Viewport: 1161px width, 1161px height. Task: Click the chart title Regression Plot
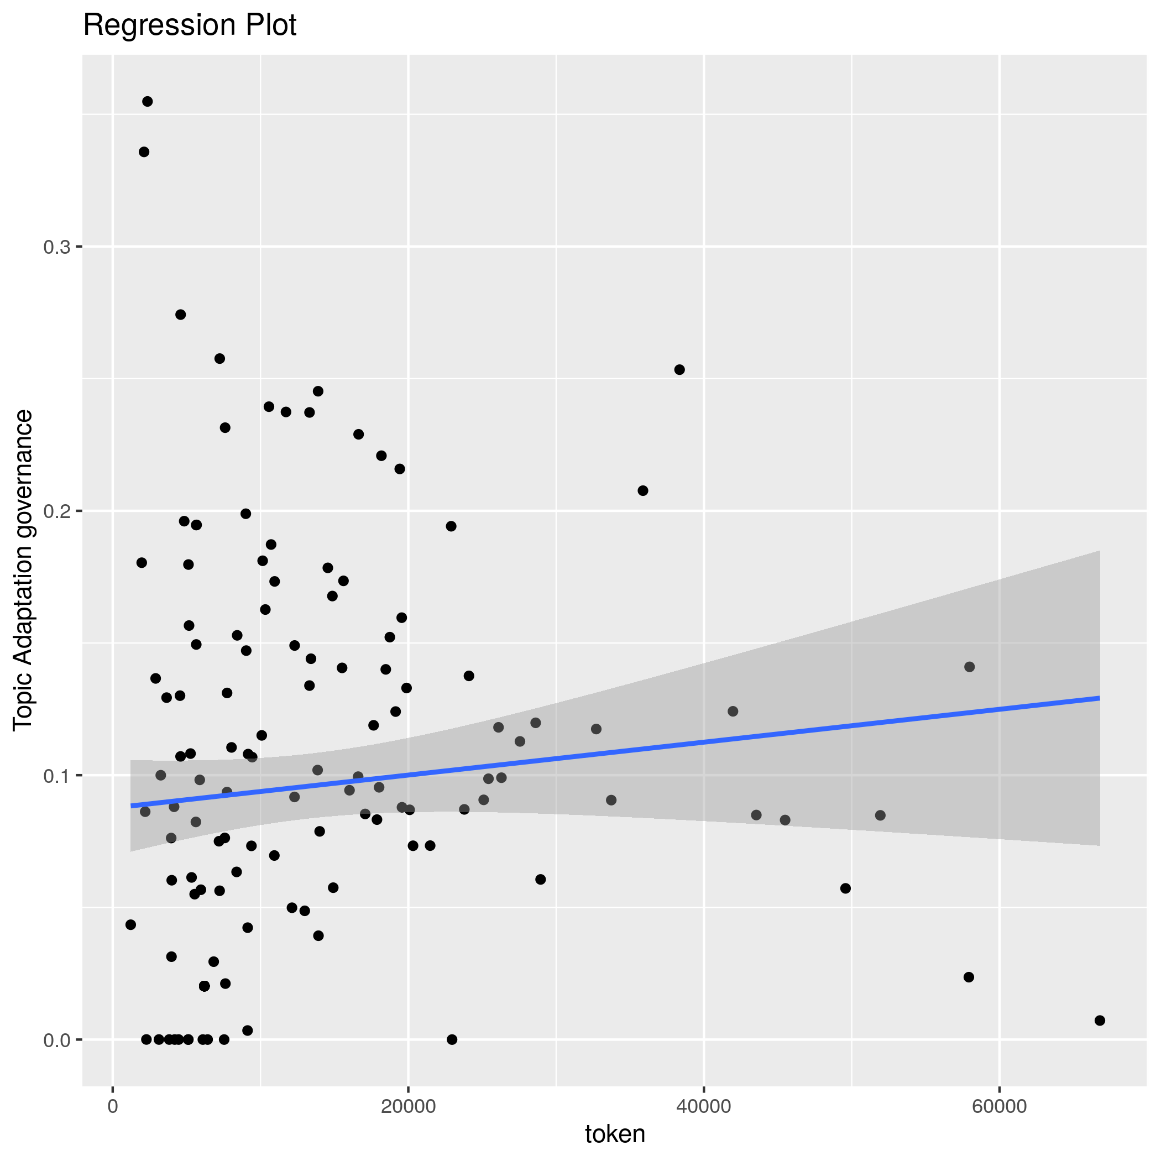click(x=189, y=26)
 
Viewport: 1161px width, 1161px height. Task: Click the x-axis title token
click(x=615, y=1133)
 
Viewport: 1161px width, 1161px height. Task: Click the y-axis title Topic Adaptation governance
click(x=23, y=571)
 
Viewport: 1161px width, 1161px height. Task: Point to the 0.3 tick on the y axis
click(x=56, y=247)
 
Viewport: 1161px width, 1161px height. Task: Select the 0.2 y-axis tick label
click(x=56, y=511)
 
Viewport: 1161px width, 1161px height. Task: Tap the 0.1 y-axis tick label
click(x=56, y=776)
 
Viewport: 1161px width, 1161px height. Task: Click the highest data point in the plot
click(x=147, y=102)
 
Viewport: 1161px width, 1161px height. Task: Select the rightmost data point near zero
click(x=1100, y=1021)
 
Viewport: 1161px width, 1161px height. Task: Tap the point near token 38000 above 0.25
click(x=679, y=369)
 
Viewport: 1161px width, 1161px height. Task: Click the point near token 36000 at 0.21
click(x=643, y=490)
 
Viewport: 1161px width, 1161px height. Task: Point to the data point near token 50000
click(x=845, y=888)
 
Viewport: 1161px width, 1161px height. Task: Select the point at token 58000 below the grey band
click(x=969, y=977)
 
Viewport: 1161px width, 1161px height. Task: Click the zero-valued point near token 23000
click(x=452, y=1039)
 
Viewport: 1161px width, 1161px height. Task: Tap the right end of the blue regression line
click(x=1099, y=698)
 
